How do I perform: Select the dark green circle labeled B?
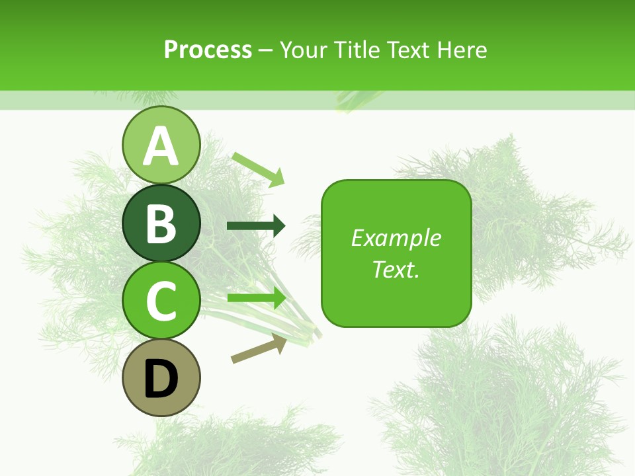pyautogui.click(x=161, y=223)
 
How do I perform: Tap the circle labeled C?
pyautogui.click(x=161, y=300)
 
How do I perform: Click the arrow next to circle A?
pyautogui.click(x=259, y=169)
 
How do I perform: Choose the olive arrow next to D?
pyautogui.click(x=259, y=348)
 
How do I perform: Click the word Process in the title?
pyautogui.click(x=208, y=50)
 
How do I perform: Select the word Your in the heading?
pyautogui.click(x=304, y=50)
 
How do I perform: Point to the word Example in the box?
pyautogui.click(x=396, y=238)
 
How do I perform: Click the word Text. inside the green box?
pyautogui.click(x=396, y=269)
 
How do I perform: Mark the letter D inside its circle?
pyautogui.click(x=161, y=380)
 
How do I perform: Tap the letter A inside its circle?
pyautogui.click(x=161, y=146)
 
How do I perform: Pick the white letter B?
pyautogui.click(x=161, y=223)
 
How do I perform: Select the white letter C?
pyautogui.click(x=161, y=301)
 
